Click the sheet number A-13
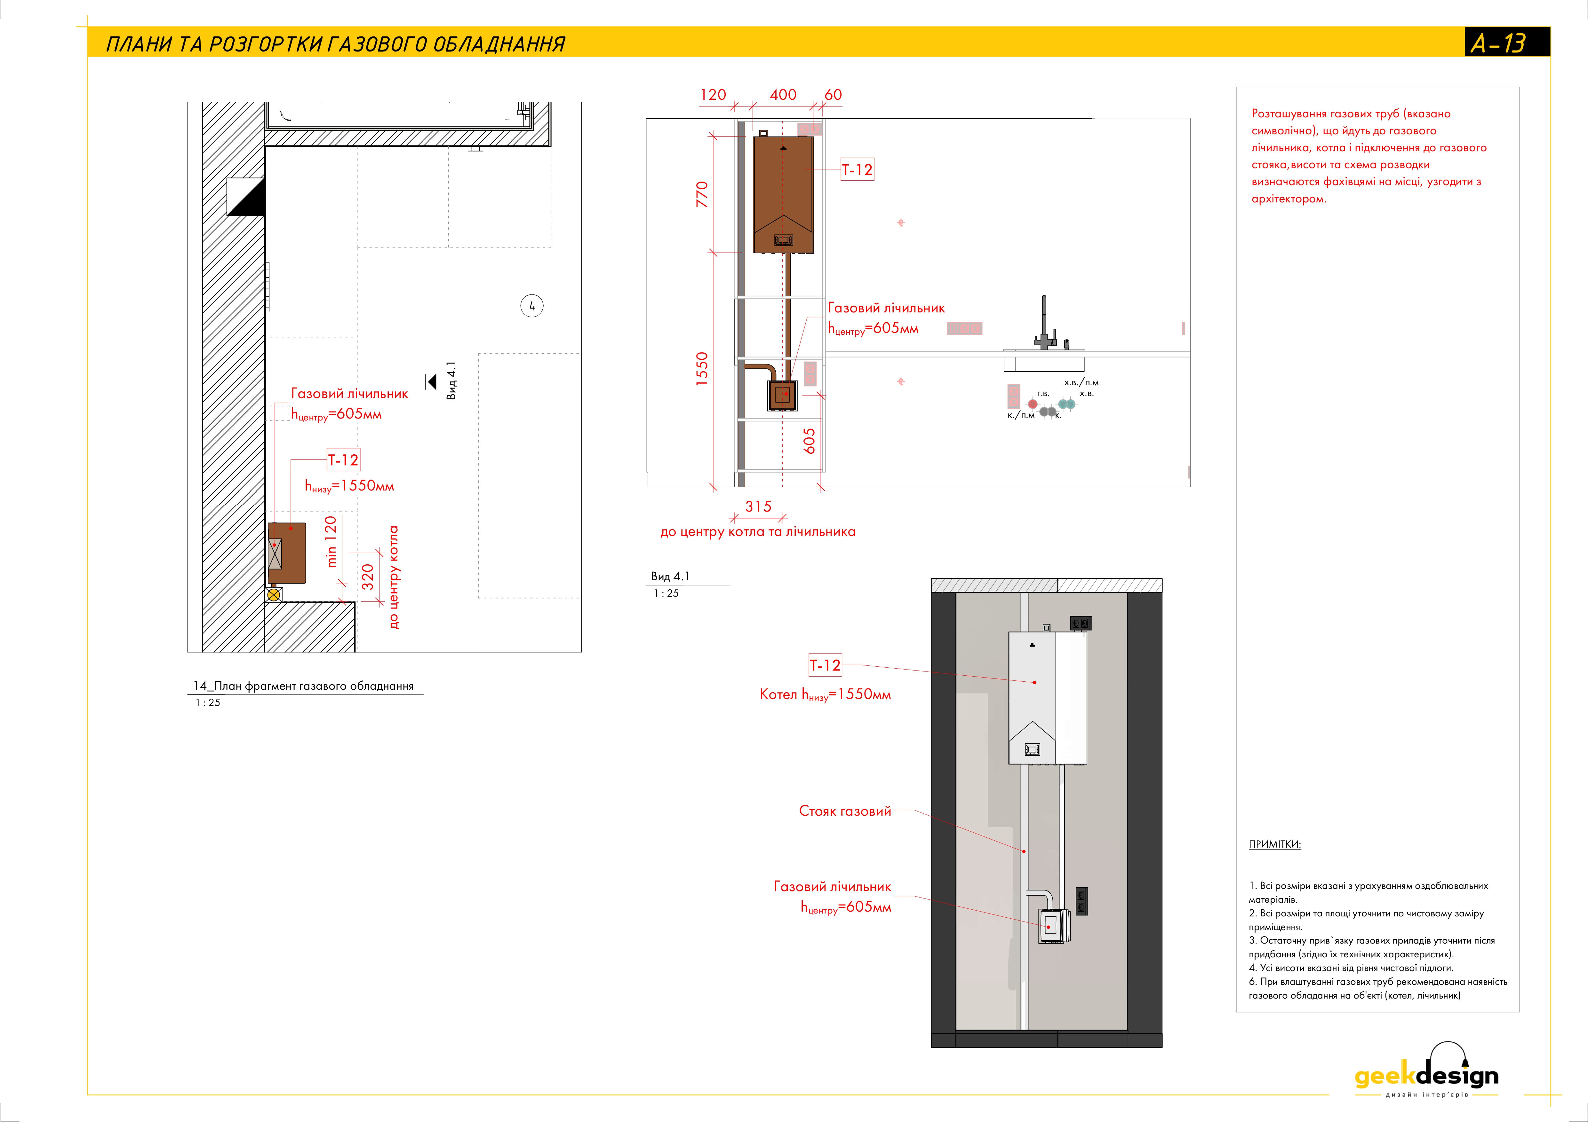1498,43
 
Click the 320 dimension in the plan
368,577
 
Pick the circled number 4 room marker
532,306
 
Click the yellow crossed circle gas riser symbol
274,594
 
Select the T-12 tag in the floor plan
343,460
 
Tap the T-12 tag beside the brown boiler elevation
857,169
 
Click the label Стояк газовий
844,811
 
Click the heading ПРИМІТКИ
1274,844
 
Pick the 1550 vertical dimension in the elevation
702,368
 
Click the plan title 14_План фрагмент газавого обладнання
303,686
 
